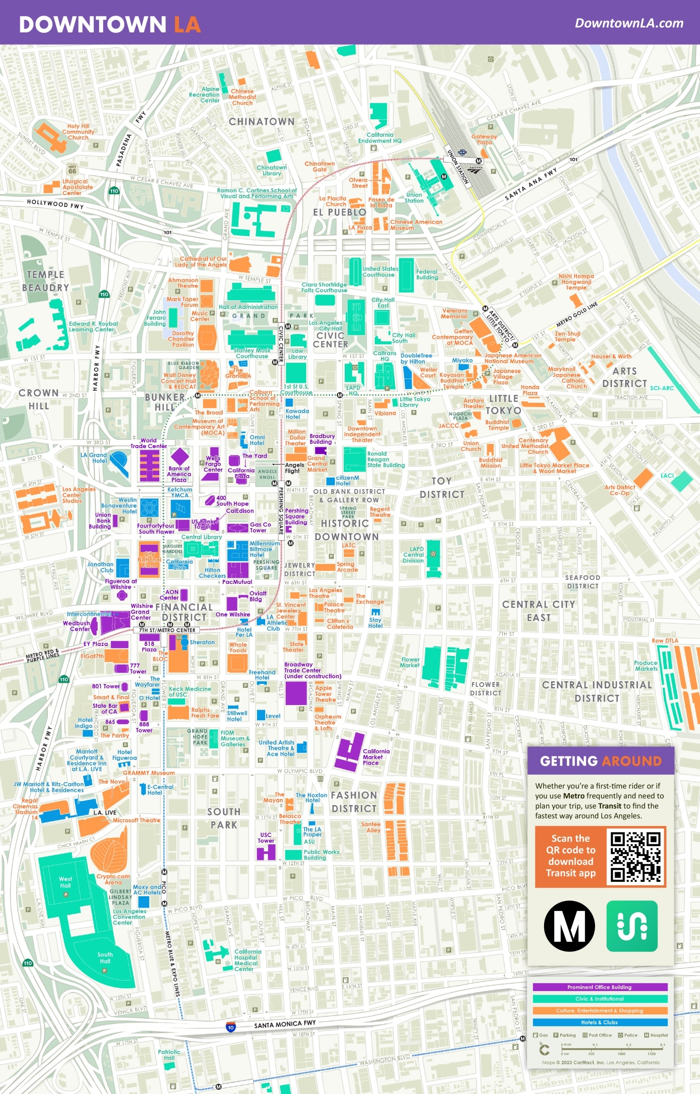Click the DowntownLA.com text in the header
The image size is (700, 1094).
coord(628,23)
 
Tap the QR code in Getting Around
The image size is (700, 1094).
coord(636,857)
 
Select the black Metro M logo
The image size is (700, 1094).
coord(569,926)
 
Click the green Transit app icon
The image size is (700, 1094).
coord(632,926)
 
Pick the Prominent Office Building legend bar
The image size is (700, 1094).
coord(599,987)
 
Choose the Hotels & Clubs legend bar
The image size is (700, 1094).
coord(599,1022)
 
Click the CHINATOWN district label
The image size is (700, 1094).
coord(261,122)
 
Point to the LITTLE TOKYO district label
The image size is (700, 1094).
coord(503,404)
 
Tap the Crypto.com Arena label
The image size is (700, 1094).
coord(113,879)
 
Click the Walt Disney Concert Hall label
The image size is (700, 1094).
coord(179,380)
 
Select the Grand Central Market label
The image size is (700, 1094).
coord(317,463)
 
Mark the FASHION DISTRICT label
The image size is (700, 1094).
coord(354,802)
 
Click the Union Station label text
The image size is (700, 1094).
coord(414,197)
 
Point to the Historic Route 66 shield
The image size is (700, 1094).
coord(72,170)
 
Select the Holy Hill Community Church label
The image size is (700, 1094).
coord(78,132)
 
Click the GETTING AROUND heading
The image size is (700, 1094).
coord(600,761)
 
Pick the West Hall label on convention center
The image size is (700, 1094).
coord(65,882)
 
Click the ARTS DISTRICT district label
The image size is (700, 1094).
coord(624,377)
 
